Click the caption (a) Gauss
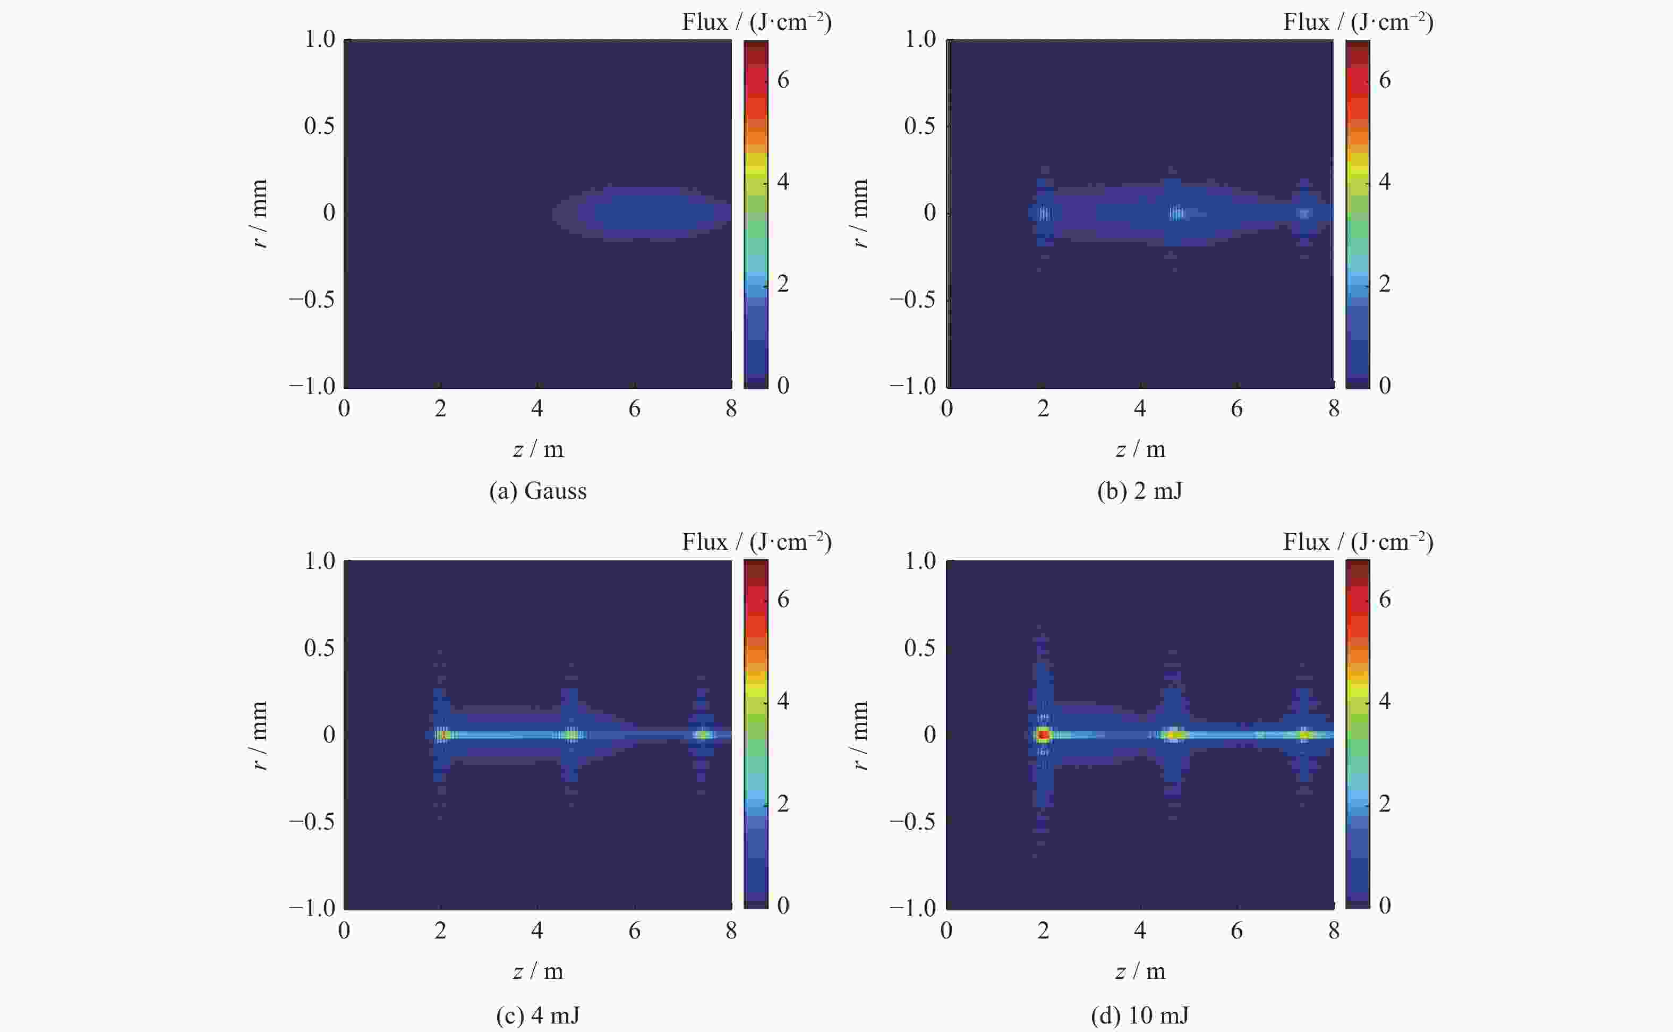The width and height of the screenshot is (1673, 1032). click(x=537, y=491)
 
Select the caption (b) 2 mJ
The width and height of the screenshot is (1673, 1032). click(x=1139, y=491)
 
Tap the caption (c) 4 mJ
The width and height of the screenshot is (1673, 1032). click(x=537, y=1016)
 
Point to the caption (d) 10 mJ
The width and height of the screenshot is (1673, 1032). click(x=1139, y=1016)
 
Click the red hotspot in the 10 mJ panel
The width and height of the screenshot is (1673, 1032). click(x=1043, y=735)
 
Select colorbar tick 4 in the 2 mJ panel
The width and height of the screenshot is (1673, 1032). click(x=1385, y=182)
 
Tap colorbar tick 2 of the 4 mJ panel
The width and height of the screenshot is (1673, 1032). click(x=783, y=804)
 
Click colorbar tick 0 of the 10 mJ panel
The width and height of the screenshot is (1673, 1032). click(x=1385, y=905)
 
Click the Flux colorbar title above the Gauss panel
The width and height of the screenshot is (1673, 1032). click(x=756, y=22)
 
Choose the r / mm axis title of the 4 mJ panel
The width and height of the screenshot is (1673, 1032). click(x=259, y=735)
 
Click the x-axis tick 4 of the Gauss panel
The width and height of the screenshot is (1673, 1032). click(x=537, y=409)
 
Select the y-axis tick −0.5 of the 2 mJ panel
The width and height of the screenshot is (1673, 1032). click(x=912, y=300)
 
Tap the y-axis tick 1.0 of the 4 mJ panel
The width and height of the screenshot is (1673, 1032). click(x=319, y=561)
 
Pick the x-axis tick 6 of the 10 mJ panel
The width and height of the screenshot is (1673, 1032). click(x=1236, y=931)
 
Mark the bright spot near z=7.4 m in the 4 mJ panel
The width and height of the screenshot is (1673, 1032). click(x=703, y=735)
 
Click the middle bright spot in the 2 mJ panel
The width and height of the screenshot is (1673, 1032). click(x=1175, y=213)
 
